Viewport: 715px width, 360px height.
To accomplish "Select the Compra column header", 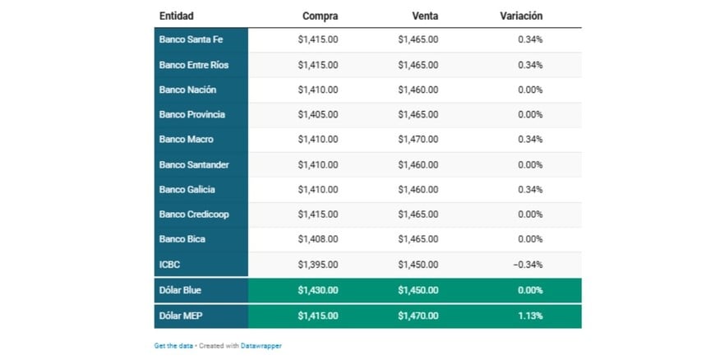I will pos(320,16).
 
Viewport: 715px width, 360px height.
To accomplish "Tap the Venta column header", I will pos(425,16).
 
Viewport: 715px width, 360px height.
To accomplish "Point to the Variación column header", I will pos(521,16).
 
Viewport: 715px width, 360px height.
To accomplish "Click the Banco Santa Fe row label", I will pos(191,39).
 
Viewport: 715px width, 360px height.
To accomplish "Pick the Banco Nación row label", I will pos(187,90).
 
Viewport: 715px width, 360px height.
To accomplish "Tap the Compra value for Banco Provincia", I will pos(317,114).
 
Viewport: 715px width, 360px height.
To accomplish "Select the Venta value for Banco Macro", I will pos(417,140).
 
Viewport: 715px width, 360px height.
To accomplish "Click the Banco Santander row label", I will pos(194,164).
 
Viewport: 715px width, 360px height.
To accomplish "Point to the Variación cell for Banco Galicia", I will pos(530,189).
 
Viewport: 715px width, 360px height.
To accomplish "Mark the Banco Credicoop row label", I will pos(194,215).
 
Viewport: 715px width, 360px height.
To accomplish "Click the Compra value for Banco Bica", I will pos(317,239).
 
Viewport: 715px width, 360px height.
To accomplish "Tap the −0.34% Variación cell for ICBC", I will pos(528,264).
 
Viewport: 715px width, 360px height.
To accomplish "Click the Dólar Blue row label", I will pos(180,290).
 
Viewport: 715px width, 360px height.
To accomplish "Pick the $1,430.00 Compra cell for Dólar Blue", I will pos(317,290).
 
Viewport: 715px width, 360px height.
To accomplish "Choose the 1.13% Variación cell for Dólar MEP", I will pos(530,316).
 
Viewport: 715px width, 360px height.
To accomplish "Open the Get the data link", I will pos(173,346).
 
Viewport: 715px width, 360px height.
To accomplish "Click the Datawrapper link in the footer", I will pos(261,346).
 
